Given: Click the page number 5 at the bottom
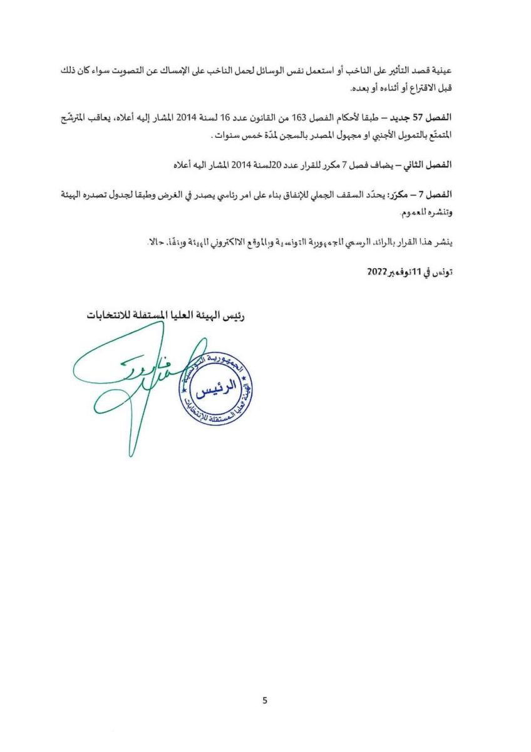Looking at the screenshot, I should (x=265, y=701).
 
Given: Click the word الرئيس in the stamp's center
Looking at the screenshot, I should (x=215, y=392).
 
